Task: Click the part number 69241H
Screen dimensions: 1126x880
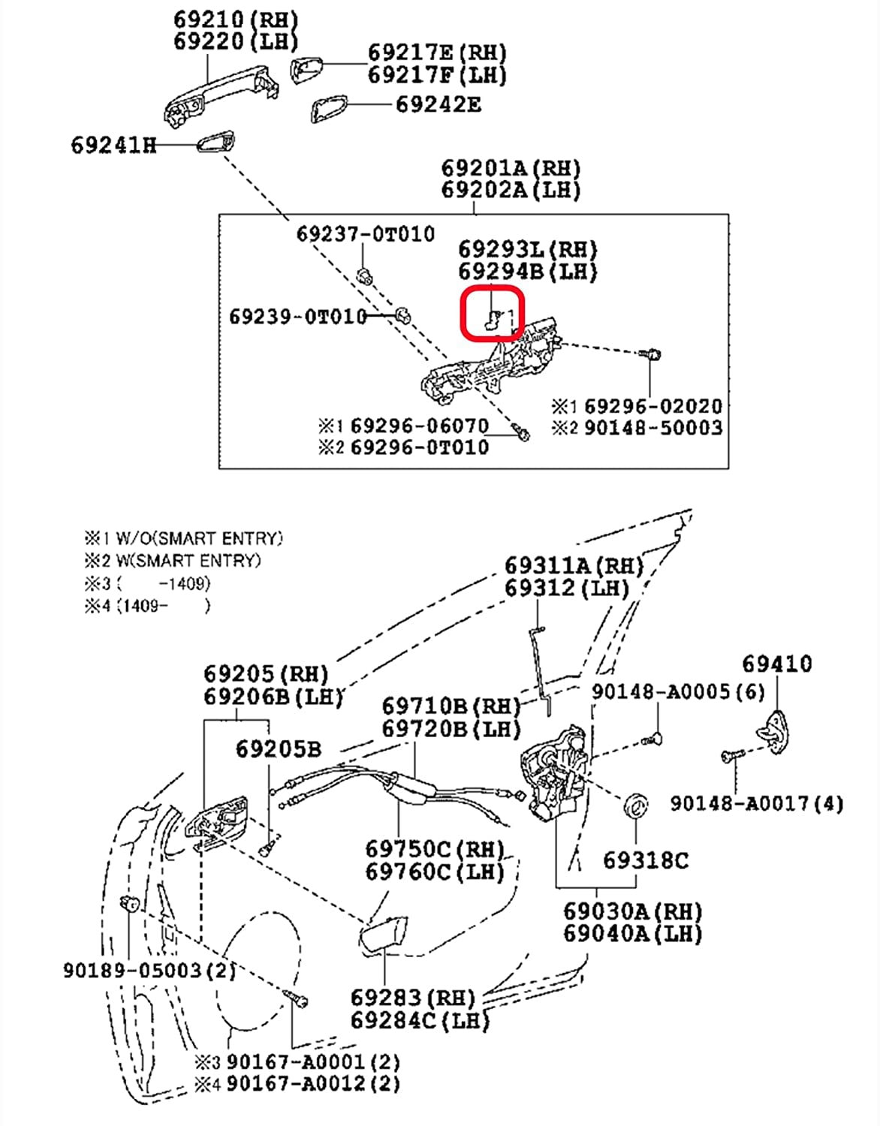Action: click(113, 145)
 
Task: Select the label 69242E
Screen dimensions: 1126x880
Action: click(438, 104)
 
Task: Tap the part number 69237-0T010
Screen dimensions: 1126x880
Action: click(366, 234)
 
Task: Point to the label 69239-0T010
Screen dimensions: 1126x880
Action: click(298, 316)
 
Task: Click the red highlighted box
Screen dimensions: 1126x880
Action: click(492, 313)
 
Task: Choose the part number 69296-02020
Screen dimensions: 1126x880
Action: click(652, 406)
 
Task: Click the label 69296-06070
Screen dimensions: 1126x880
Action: click(419, 426)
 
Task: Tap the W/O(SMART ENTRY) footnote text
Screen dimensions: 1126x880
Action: click(199, 538)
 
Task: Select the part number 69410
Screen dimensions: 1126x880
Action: click(776, 664)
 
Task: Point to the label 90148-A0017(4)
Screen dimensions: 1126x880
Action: click(756, 804)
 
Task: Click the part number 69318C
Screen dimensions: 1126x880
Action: click(645, 860)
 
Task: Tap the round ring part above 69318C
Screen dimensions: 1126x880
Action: click(636, 805)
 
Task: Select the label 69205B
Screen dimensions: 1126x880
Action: click(278, 748)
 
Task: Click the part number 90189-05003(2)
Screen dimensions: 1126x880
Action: click(149, 970)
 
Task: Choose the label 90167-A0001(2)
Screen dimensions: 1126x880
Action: click(313, 1062)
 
